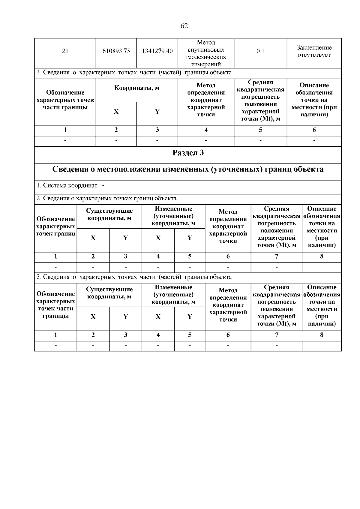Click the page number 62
coord(184,26)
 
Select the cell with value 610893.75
coord(116,51)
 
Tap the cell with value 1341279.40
coord(157,51)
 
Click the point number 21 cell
coord(65,51)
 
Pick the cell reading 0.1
coord(260,51)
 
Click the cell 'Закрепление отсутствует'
coord(314,51)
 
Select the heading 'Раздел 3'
coord(188,153)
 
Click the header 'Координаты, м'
coord(136,88)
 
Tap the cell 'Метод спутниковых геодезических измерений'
coord(206,53)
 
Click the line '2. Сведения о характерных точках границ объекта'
coord(106,198)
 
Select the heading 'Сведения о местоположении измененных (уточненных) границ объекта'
coord(188,169)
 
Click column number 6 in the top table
coord(314,130)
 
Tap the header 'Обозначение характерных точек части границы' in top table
coord(65,100)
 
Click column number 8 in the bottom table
coord(322,335)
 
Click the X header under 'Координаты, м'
coord(116,112)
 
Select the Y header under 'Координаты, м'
coord(157,112)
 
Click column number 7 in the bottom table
coord(276,335)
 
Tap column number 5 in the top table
coord(260,130)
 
